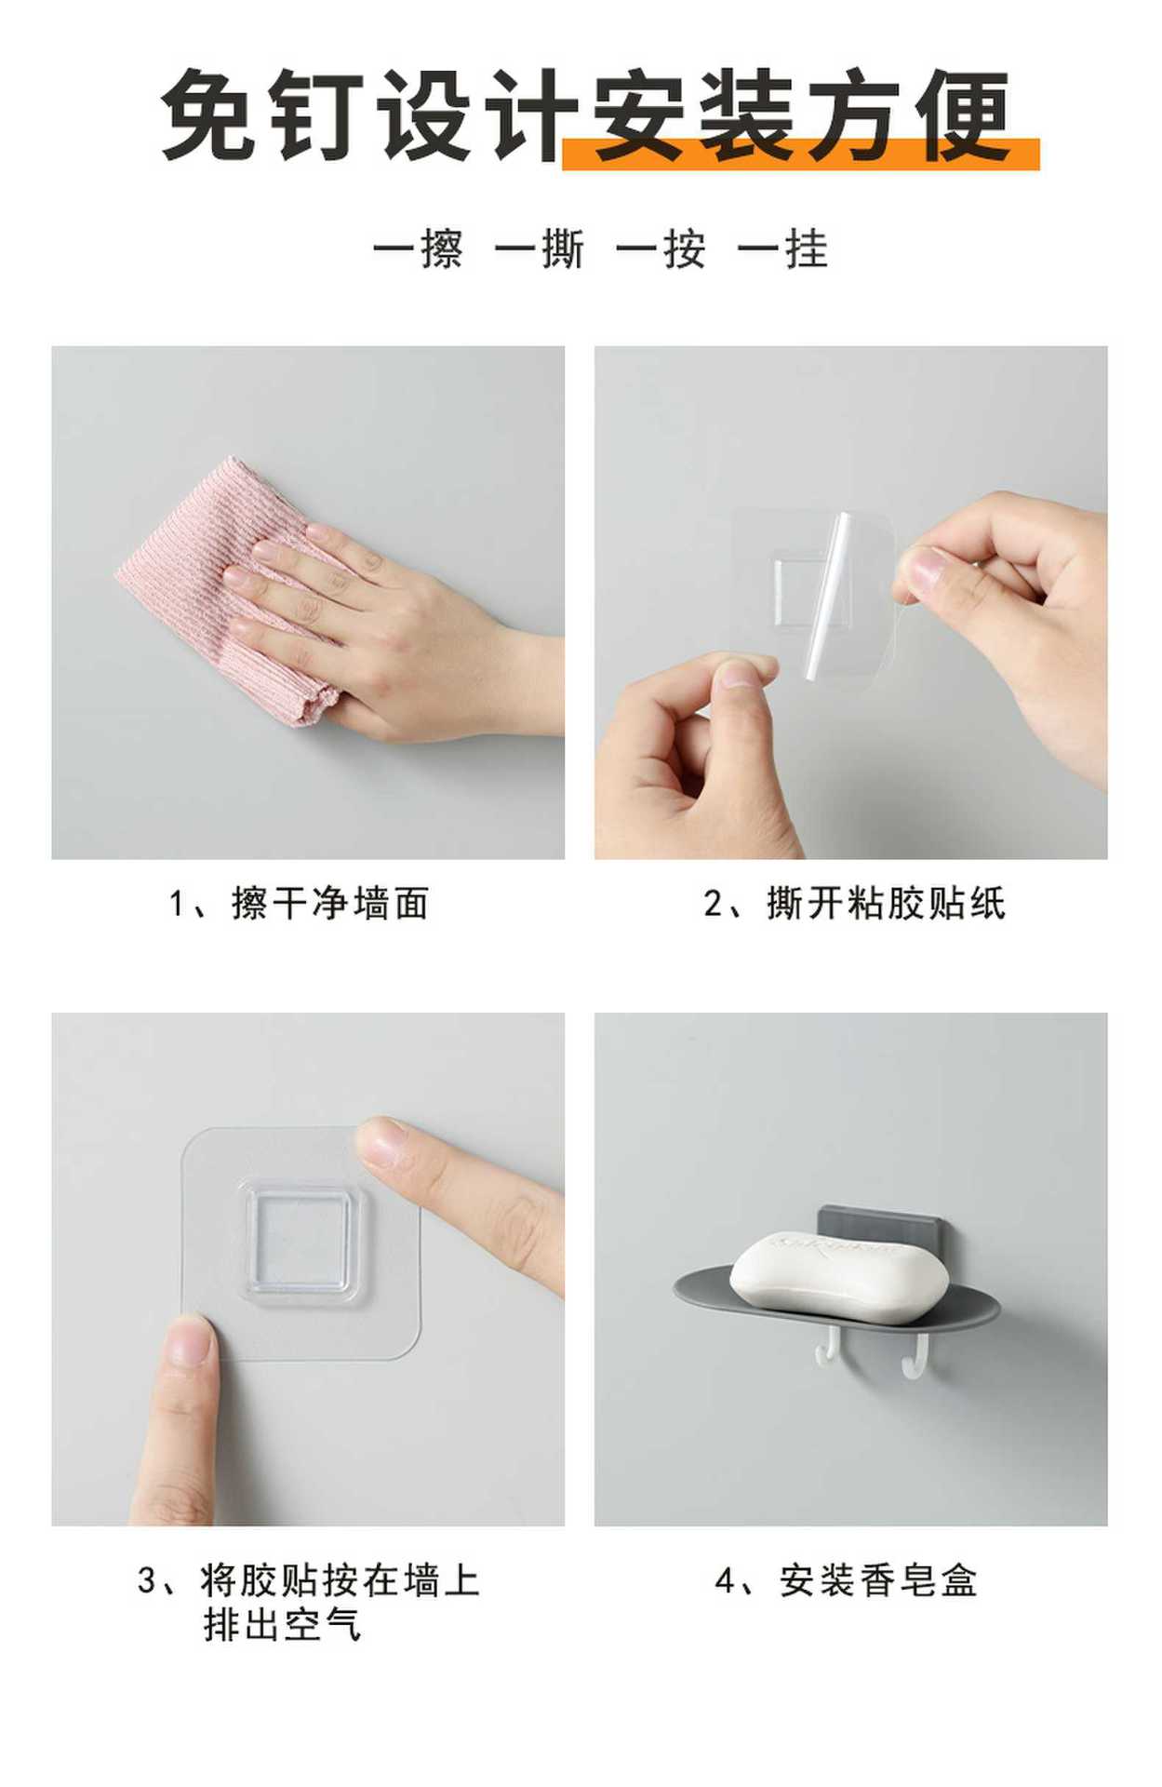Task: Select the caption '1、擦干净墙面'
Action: coord(299,904)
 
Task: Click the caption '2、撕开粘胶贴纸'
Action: coord(854,904)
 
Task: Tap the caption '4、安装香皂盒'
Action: coord(846,1580)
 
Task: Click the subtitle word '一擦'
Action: coord(418,249)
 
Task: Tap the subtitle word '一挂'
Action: coord(782,249)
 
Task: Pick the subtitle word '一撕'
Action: coord(540,249)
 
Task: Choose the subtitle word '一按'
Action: coord(661,249)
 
